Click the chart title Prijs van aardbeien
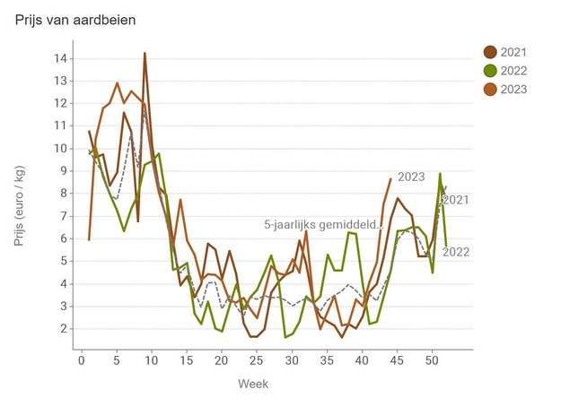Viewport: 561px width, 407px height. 76,19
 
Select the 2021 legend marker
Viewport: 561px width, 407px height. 491,52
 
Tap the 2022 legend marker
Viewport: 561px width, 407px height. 491,70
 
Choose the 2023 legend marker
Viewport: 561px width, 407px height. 491,88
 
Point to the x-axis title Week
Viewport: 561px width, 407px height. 252,384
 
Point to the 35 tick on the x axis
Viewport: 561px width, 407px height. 326,360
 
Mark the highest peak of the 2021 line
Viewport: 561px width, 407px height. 145,54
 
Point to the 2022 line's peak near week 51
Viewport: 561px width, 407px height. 440,174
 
